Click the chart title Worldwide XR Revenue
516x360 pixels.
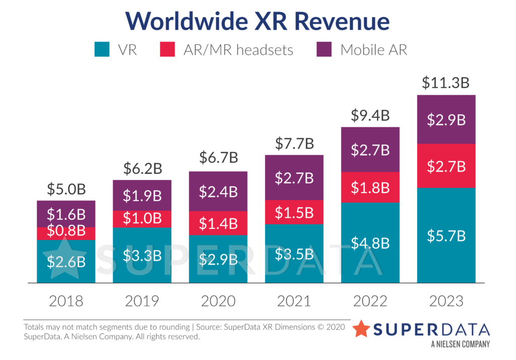pyautogui.click(x=257, y=21)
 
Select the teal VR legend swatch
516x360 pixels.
pyautogui.click(x=102, y=49)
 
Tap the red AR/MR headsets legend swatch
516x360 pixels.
pyautogui.click(x=168, y=49)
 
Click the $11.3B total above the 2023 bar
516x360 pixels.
pyautogui.click(x=446, y=83)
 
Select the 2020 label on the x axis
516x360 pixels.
pyautogui.click(x=218, y=301)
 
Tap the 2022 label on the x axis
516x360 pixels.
pyautogui.click(x=370, y=301)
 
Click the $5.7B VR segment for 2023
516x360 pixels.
pyautogui.click(x=446, y=235)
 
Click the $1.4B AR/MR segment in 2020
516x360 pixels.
pyautogui.click(x=218, y=222)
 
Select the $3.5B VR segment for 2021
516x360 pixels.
pyautogui.click(x=294, y=254)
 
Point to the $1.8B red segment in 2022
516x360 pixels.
pyautogui.click(x=370, y=188)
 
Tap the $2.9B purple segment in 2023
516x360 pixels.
pyautogui.click(x=446, y=119)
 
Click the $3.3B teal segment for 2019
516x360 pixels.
pyautogui.click(x=142, y=255)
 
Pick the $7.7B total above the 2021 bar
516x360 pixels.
pyautogui.click(x=294, y=144)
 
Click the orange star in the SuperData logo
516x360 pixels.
pyautogui.click(x=361, y=328)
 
